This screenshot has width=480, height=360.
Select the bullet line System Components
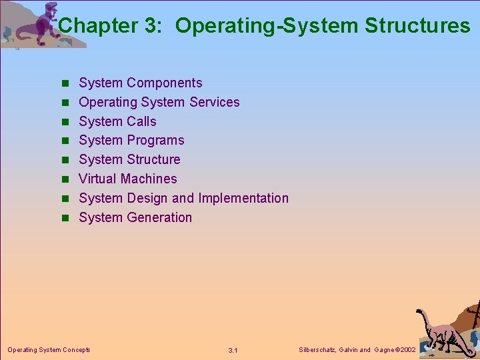pyautogui.click(x=140, y=83)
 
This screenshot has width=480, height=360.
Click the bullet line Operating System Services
pyautogui.click(x=159, y=102)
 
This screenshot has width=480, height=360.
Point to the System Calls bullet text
pyautogui.click(x=117, y=121)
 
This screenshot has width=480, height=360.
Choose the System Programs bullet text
pyautogui.click(x=131, y=140)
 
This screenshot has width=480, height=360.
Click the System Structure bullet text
pyautogui.click(x=129, y=159)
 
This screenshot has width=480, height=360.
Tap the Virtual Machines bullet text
pyautogui.click(x=128, y=179)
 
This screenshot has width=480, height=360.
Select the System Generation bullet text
pyautogui.click(x=135, y=217)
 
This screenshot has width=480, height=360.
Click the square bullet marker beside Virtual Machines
pyautogui.click(x=65, y=179)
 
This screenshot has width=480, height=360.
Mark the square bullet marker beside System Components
pyautogui.click(x=65, y=83)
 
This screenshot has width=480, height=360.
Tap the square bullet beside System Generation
pyautogui.click(x=65, y=218)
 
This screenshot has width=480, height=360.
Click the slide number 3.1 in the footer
pyautogui.click(x=233, y=350)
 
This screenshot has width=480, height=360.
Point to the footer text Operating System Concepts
pyautogui.click(x=49, y=349)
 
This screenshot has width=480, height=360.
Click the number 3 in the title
pyautogui.click(x=149, y=26)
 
